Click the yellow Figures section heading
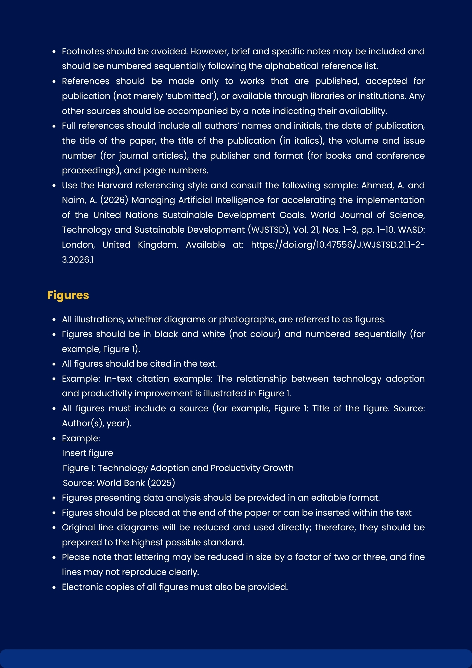pos(68,295)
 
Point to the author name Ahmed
pos(377,185)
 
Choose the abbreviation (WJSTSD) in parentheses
pos(268,230)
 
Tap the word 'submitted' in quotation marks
pos(191,96)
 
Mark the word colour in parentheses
pos(265,334)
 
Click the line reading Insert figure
pos(88,453)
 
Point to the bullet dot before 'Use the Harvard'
pos(54,186)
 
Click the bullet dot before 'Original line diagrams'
pos(54,528)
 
